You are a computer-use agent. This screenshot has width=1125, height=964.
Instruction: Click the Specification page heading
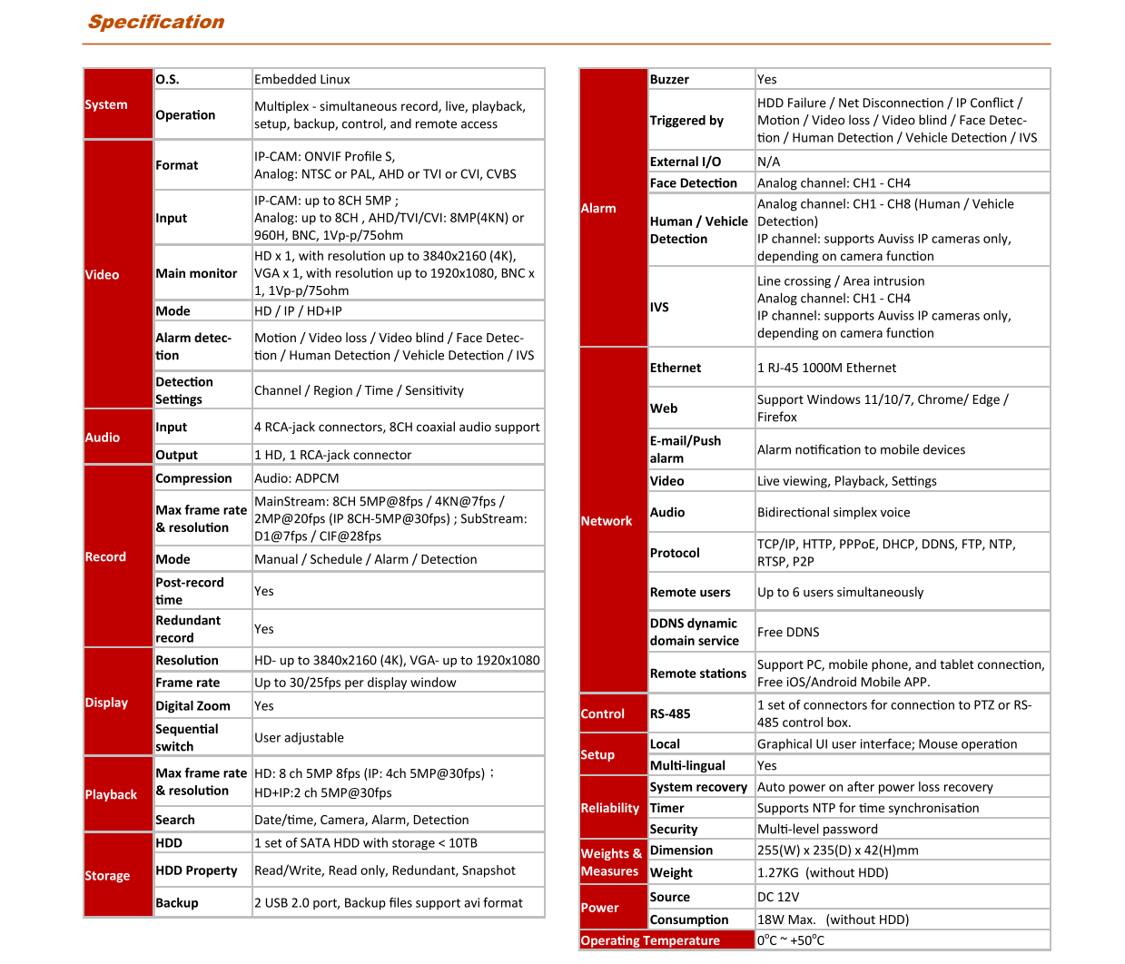pyautogui.click(x=156, y=22)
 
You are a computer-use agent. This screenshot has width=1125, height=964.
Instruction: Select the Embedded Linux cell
pyautogui.click(x=302, y=80)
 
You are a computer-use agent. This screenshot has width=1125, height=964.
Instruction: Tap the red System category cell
pyautogui.click(x=117, y=104)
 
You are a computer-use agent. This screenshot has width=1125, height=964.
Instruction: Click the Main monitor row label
pyautogui.click(x=196, y=273)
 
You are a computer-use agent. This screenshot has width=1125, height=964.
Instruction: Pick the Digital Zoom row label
pyautogui.click(x=192, y=706)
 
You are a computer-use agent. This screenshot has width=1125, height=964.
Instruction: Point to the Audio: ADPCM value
pyautogui.click(x=297, y=478)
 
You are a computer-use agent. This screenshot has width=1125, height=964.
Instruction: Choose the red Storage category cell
pyautogui.click(x=117, y=876)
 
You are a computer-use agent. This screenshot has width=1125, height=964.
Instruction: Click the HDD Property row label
pyautogui.click(x=196, y=871)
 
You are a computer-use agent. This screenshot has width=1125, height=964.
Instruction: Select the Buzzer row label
pyautogui.click(x=669, y=80)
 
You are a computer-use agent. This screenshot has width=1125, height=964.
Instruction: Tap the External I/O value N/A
pyautogui.click(x=768, y=162)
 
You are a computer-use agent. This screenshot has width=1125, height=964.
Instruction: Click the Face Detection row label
pyautogui.click(x=694, y=183)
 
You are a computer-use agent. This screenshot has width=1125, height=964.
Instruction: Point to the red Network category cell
pyautogui.click(x=613, y=521)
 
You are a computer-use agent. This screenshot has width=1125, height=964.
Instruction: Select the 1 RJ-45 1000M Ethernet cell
pyautogui.click(x=826, y=368)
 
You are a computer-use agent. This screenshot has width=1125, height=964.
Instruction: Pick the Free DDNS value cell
pyautogui.click(x=788, y=632)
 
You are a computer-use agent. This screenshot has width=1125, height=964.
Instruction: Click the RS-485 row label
pyautogui.click(x=670, y=713)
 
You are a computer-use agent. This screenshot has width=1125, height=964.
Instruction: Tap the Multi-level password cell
pyautogui.click(x=817, y=829)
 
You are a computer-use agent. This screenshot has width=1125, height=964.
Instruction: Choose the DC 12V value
pyautogui.click(x=778, y=897)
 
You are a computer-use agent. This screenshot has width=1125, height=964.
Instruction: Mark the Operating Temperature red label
pyautogui.click(x=650, y=940)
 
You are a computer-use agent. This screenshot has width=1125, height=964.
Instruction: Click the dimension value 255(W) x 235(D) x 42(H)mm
pyautogui.click(x=838, y=851)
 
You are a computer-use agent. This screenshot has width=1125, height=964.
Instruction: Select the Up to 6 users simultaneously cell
pyautogui.click(x=840, y=592)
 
